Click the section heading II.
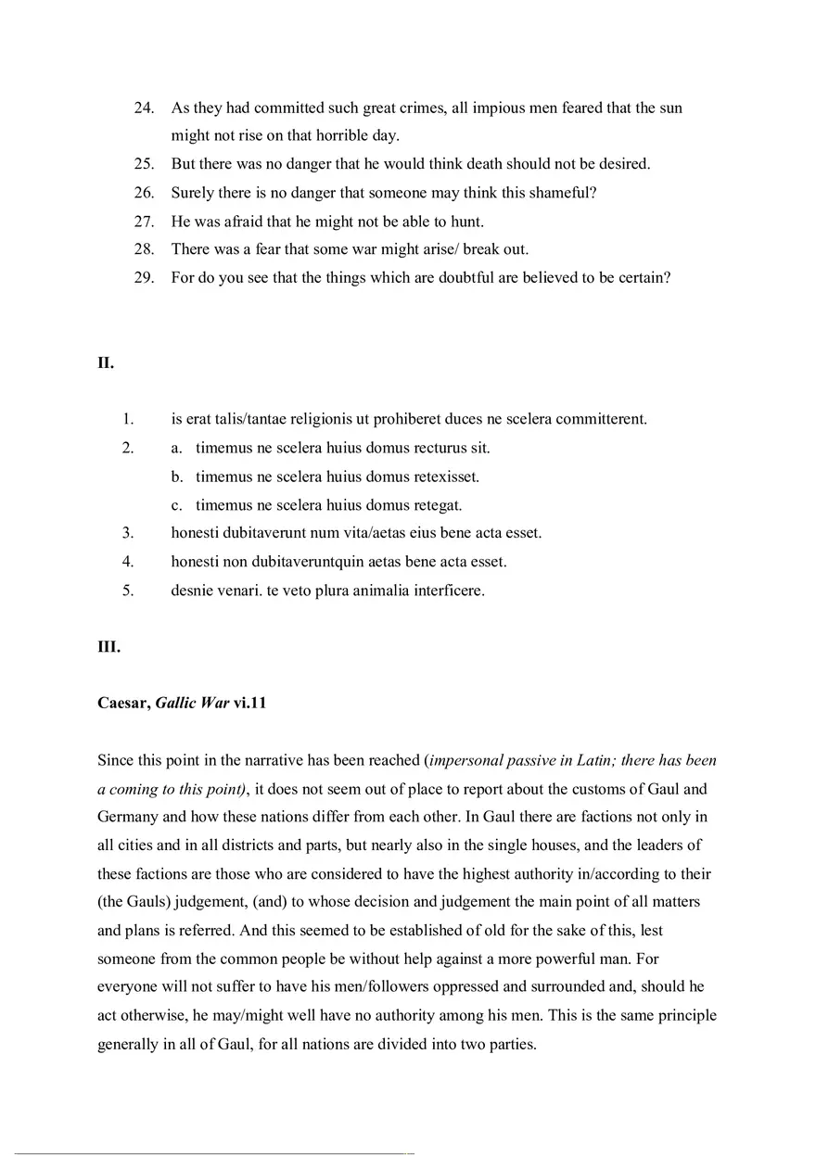pyautogui.click(x=106, y=363)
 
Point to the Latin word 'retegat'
pyautogui.click(x=434, y=505)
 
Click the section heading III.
pyautogui.click(x=108, y=647)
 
